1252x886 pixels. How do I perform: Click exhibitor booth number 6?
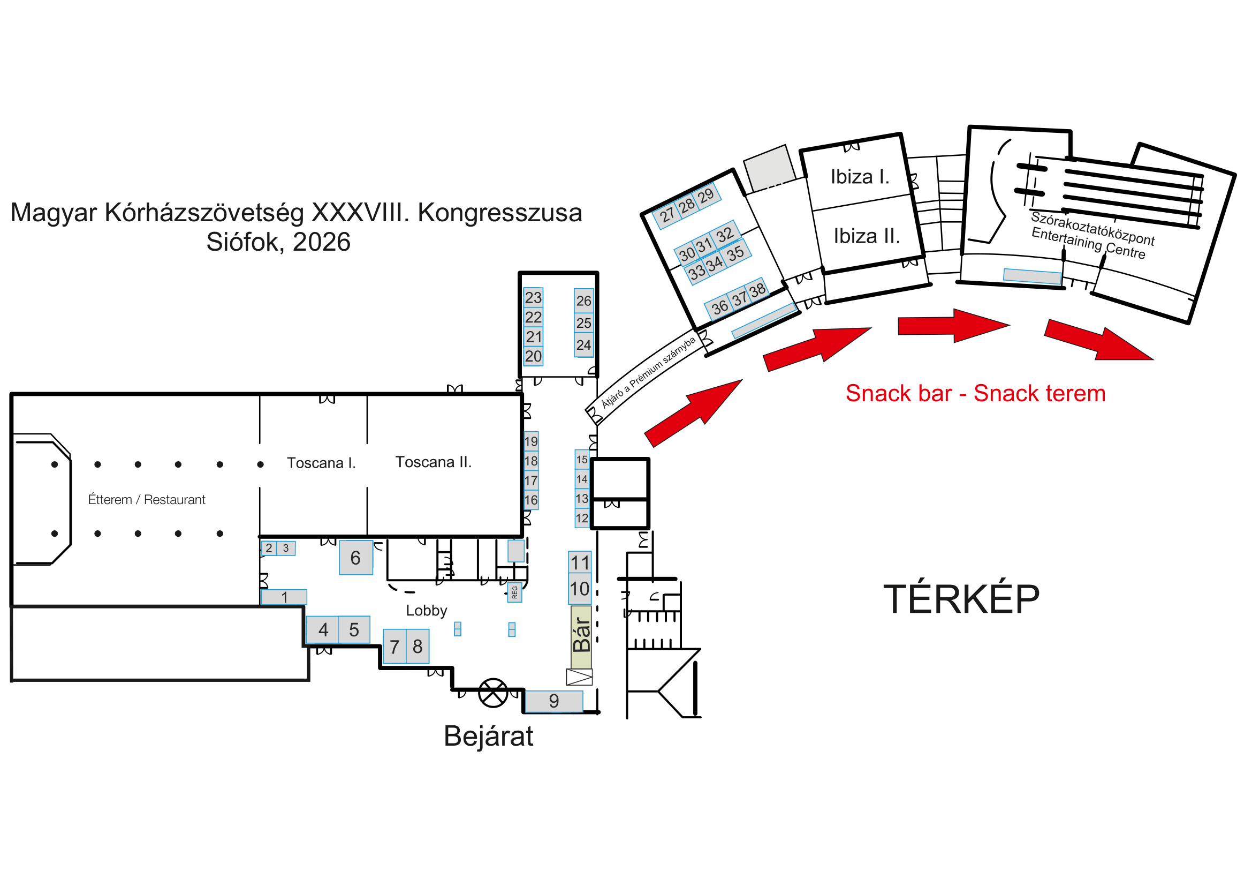355,558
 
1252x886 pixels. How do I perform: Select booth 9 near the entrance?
553,701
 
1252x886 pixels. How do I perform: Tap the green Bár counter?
581,637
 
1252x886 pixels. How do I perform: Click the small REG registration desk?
515,592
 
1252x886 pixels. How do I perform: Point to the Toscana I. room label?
321,463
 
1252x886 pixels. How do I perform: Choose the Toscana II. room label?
434,463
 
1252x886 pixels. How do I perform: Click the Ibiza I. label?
860,177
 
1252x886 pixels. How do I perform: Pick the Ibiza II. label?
867,236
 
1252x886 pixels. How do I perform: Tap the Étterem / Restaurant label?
147,500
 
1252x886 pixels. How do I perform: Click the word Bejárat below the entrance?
488,737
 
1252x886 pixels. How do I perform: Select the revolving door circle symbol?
493,693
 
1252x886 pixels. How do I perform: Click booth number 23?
533,297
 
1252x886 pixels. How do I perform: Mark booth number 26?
583,301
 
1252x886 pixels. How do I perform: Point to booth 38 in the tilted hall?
757,290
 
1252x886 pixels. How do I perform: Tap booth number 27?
667,215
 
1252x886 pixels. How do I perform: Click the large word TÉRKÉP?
961,599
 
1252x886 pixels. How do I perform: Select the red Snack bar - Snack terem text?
976,393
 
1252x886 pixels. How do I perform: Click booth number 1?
284,597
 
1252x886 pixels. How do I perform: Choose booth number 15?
582,460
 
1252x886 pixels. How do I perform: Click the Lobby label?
427,611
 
